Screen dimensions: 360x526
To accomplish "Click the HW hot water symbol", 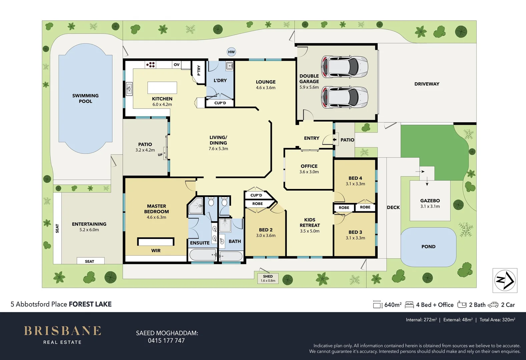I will click(x=231, y=52).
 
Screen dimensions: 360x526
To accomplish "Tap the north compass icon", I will click(x=505, y=280).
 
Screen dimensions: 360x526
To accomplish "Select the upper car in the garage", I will click(x=344, y=66).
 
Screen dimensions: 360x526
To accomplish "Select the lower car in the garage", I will click(x=344, y=97).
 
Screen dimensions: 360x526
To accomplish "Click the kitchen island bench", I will click(x=162, y=88).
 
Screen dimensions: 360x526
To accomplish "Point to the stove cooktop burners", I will click(x=150, y=64).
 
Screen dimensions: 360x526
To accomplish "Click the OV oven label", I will click(x=176, y=65).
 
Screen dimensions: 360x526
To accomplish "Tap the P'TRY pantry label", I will click(x=199, y=70).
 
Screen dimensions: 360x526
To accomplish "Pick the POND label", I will click(x=428, y=247).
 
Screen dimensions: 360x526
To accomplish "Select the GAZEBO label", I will click(x=430, y=201).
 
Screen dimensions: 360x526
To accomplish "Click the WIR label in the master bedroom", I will click(x=156, y=251).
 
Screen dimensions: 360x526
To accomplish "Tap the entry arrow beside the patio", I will click(x=335, y=140).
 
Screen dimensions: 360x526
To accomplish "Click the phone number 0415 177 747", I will click(x=166, y=341).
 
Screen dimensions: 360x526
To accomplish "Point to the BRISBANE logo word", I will click(x=62, y=331).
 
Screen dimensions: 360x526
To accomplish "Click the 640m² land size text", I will click(x=393, y=305).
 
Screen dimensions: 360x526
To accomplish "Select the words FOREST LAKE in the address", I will click(x=90, y=304).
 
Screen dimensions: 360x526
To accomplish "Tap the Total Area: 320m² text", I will click(x=497, y=320).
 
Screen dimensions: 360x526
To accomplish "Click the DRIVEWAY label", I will click(x=427, y=84).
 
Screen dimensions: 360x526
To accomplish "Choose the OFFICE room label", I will click(x=309, y=166).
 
